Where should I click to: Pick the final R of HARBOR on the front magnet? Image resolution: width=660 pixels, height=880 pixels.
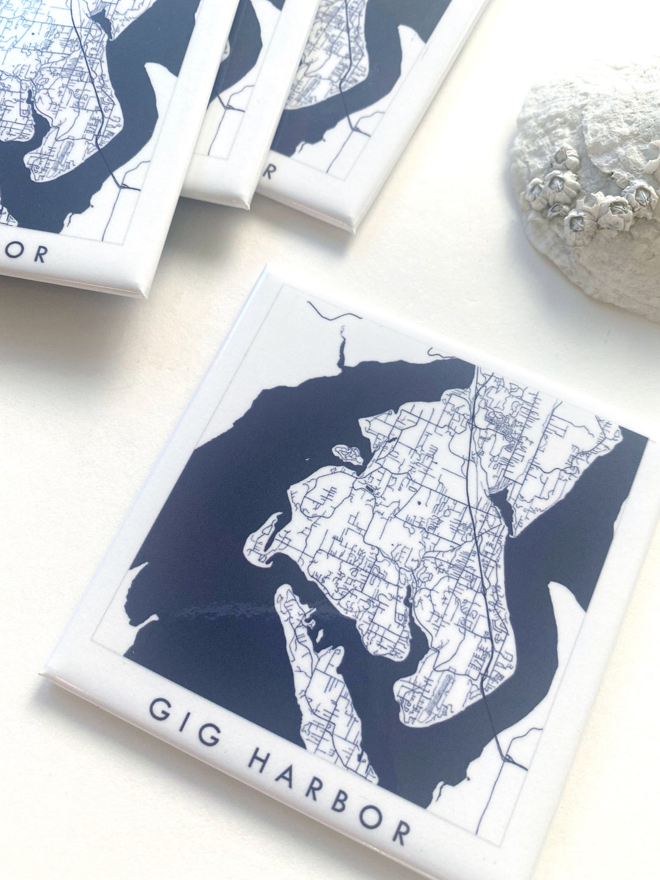pos(400,832)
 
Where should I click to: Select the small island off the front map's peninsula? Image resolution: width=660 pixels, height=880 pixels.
pos(347,453)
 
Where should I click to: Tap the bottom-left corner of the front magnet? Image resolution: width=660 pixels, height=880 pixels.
pos(44,674)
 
